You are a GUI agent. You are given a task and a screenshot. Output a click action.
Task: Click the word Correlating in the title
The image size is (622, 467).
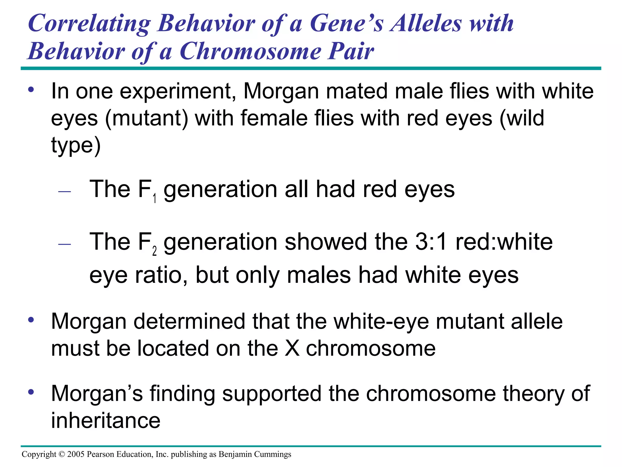coord(89,24)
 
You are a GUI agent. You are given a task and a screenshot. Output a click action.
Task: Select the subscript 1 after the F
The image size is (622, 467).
coord(155,199)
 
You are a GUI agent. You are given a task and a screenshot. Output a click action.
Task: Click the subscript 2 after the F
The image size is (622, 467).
coord(155,251)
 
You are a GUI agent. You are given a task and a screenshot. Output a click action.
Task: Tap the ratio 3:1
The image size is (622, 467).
coord(431,242)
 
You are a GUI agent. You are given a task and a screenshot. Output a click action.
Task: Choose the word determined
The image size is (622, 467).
coord(189,321)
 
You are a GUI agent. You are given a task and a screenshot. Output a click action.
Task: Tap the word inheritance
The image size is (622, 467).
coord(106,420)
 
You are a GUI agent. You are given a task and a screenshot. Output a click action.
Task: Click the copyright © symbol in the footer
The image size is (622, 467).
coord(62,454)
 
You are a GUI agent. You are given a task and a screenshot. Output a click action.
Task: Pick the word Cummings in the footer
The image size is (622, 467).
coord(272,454)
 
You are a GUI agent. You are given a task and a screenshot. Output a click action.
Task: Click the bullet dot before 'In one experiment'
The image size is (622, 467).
coord(31,90)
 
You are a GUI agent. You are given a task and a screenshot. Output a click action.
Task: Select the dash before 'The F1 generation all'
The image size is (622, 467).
coord(64,192)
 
